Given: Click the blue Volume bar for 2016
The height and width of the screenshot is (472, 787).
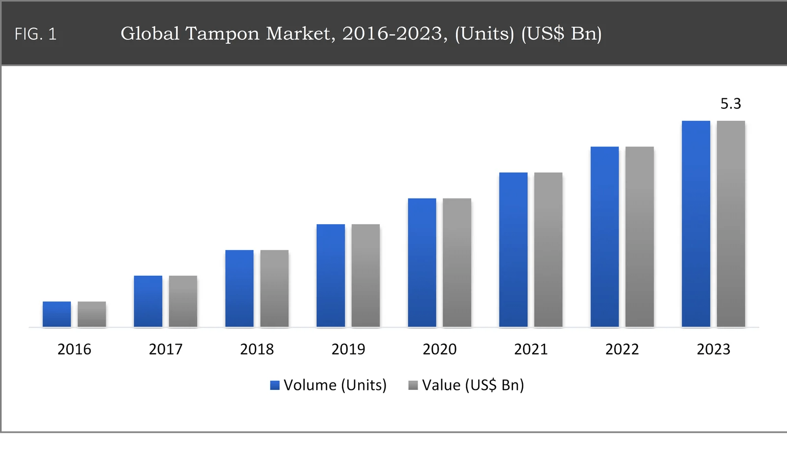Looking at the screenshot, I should coord(57,314).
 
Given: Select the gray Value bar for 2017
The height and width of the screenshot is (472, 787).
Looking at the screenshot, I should coord(183,301).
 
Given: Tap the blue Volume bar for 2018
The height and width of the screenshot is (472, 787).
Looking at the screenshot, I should coord(239,288).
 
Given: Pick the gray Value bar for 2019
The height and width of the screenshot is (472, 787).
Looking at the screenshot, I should coord(365,275).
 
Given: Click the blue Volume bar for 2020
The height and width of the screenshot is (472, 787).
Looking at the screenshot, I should coord(422,263).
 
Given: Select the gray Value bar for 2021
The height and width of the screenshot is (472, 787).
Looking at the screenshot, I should coord(548,249).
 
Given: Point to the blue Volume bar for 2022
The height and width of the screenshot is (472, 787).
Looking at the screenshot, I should coord(605,236).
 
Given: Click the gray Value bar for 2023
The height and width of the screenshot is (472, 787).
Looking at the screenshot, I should coord(730,224).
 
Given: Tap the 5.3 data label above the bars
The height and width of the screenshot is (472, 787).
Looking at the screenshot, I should coord(730,104).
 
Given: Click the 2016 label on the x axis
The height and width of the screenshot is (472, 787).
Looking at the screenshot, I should coord(74,349).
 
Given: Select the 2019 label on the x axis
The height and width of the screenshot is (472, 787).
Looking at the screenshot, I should coord(348,349).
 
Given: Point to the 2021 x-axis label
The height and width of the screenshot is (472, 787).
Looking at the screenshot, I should coord(531,349).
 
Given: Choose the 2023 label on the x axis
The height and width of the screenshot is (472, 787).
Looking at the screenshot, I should coord(713,349).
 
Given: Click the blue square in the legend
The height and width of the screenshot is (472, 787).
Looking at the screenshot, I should coord(275,385).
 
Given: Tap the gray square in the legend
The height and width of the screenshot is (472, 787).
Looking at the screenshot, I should coord(413,385).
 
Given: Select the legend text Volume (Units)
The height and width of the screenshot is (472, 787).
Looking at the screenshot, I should coord(335,385).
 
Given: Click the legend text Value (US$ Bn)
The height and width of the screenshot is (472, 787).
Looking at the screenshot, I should coord(473,385).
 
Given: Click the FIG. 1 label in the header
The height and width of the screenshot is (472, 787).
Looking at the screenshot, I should coord(35,34).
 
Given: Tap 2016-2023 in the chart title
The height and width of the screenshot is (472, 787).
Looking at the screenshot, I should coord(394,33).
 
